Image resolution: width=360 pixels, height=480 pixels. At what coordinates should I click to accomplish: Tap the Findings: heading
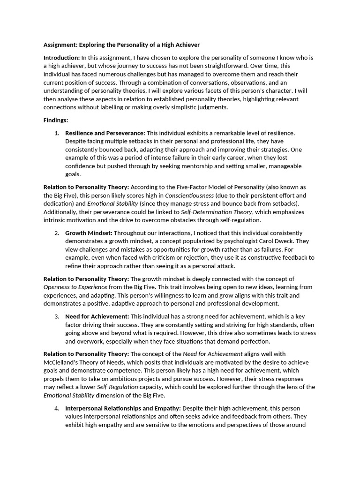(56, 120)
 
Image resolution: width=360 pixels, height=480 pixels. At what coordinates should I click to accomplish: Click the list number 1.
(57, 133)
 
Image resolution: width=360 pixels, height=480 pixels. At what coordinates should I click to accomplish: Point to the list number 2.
(57, 233)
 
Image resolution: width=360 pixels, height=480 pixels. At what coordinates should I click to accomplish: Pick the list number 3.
(57, 316)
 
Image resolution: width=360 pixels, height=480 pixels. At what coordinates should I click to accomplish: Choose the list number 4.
(57, 408)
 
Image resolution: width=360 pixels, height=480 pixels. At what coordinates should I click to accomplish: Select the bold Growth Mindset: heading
(89, 233)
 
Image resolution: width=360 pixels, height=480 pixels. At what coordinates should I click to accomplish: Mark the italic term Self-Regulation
(118, 387)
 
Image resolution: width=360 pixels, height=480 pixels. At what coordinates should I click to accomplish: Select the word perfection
(254, 341)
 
